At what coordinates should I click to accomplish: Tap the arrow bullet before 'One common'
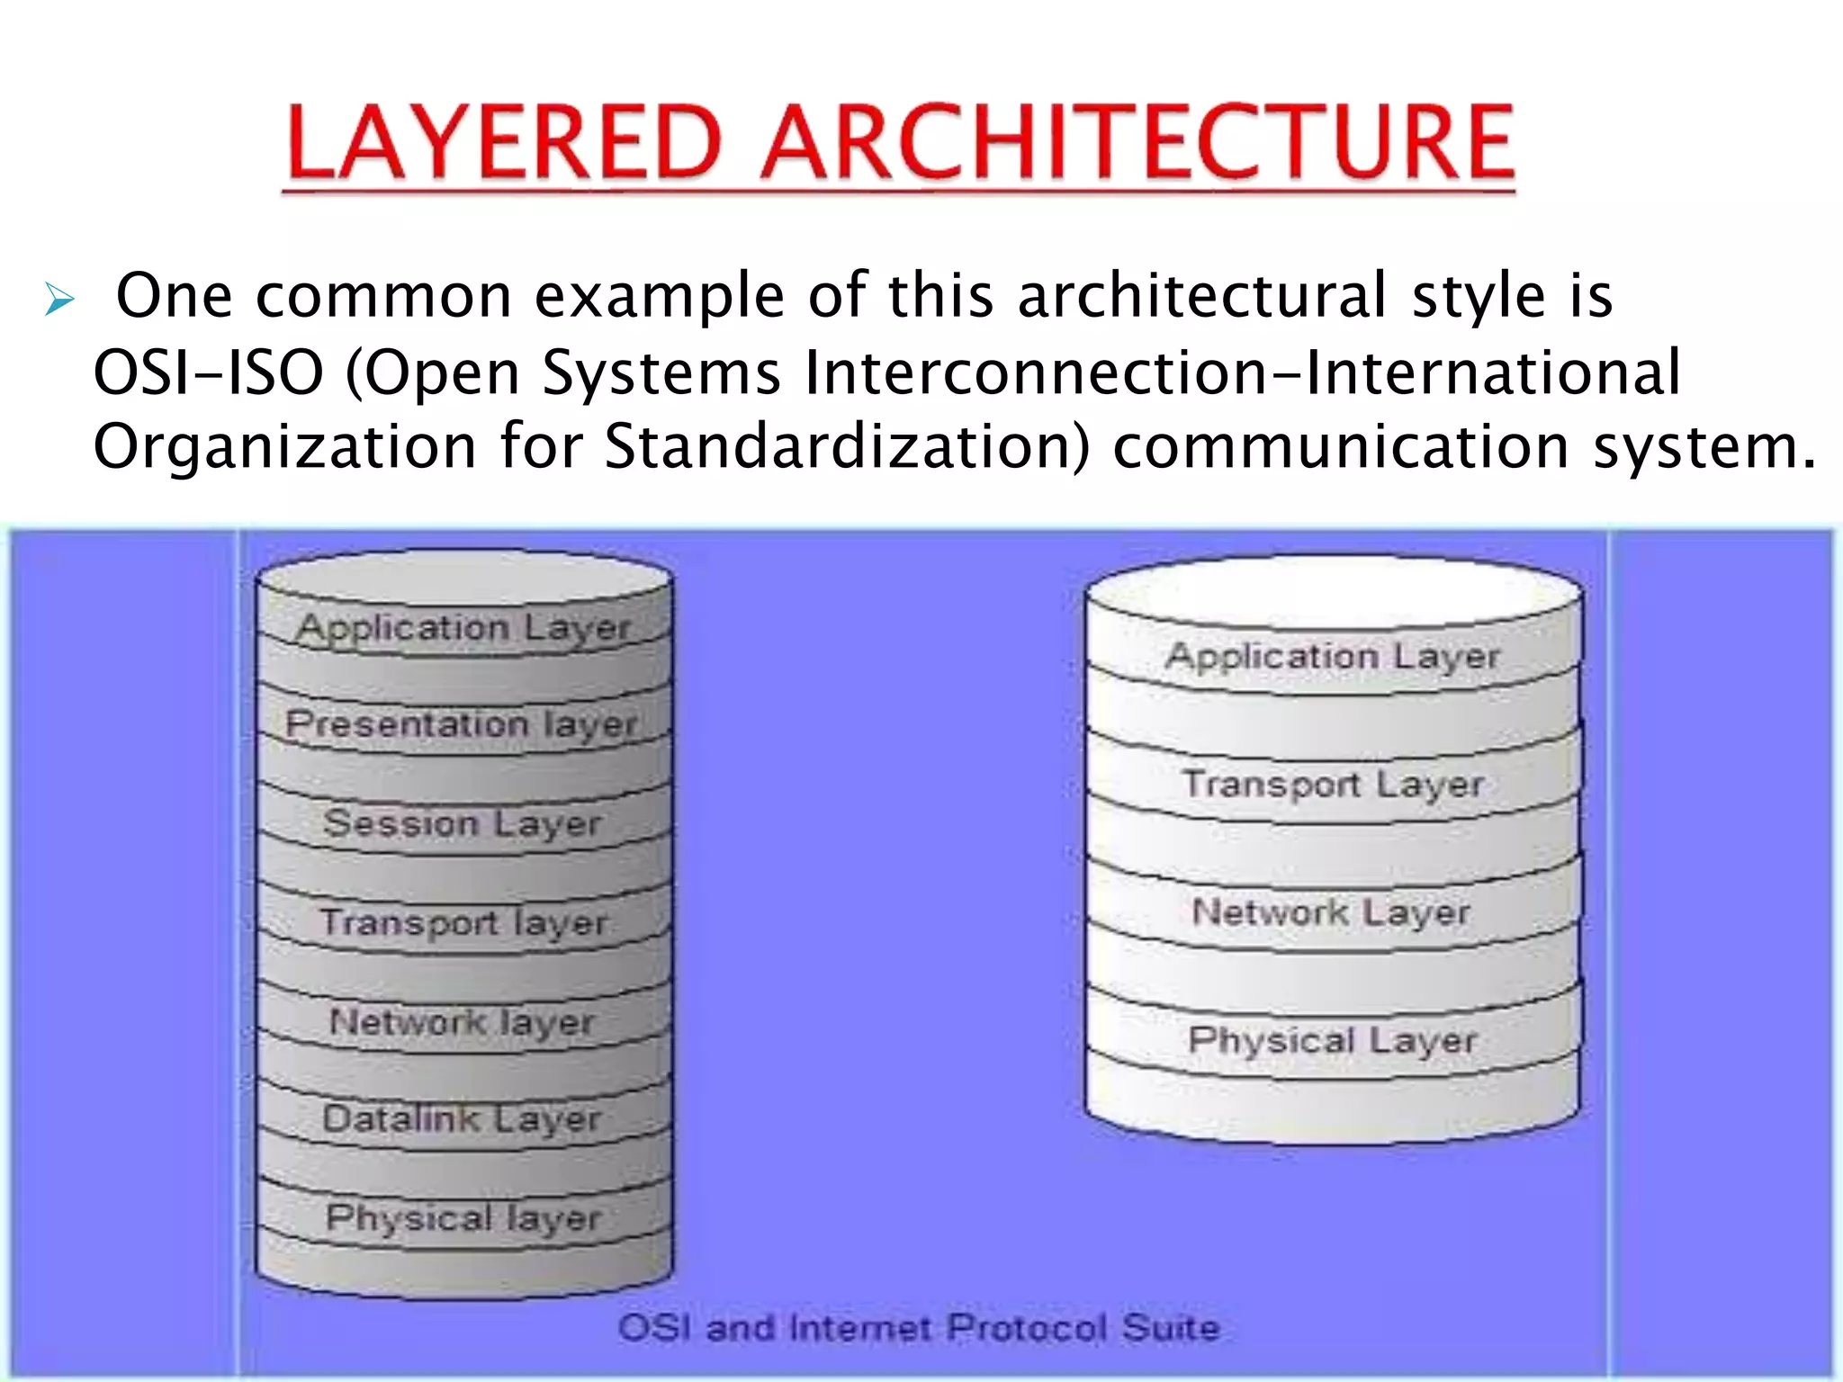point(59,299)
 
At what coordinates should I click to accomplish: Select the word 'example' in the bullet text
point(660,297)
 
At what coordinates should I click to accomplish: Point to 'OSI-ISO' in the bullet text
point(209,372)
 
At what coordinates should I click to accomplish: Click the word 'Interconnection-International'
point(1242,372)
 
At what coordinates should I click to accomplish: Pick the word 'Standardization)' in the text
point(846,446)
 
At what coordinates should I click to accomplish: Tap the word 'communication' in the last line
point(1341,446)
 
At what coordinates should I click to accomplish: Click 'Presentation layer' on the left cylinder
point(462,724)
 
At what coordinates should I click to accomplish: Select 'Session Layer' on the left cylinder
point(462,823)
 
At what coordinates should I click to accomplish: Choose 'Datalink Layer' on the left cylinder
point(462,1118)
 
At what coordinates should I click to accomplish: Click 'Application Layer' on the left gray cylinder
point(463,628)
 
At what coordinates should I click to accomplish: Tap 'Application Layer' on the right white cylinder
point(1333,657)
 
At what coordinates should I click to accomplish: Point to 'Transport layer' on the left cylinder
point(463,923)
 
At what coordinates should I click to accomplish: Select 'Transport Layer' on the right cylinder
point(1333,785)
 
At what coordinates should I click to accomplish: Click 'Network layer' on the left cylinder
point(462,1022)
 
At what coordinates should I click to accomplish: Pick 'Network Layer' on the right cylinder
point(1331,912)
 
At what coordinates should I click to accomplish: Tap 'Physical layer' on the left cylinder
point(463,1217)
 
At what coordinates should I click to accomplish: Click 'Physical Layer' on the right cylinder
point(1333,1041)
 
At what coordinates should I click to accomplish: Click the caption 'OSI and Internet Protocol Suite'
point(919,1327)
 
